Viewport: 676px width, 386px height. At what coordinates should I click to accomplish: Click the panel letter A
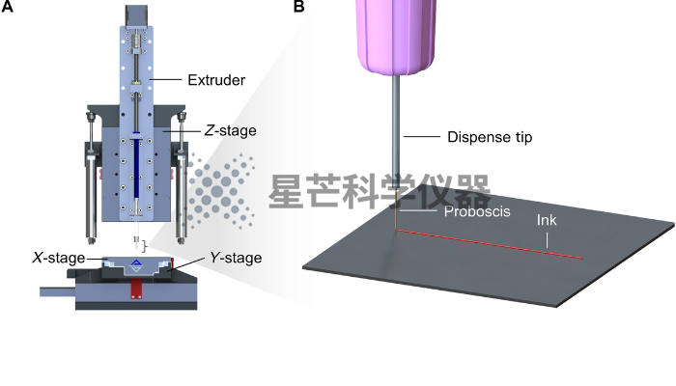pos(8,6)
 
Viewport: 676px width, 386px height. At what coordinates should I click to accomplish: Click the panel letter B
pos(298,6)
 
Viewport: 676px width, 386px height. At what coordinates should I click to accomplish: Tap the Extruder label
pos(216,80)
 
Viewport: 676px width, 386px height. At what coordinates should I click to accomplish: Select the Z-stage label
pos(230,130)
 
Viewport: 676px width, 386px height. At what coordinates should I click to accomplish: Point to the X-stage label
pos(59,258)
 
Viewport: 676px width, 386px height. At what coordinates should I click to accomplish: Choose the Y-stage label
pos(236,258)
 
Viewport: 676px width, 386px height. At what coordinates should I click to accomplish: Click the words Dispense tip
pos(490,137)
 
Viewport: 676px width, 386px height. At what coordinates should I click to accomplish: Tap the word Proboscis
pos(477,211)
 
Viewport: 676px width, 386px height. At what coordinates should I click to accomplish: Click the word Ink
pos(547,220)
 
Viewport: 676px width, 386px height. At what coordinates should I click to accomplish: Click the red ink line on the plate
pos(490,244)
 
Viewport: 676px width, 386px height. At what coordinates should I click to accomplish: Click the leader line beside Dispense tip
pos(422,137)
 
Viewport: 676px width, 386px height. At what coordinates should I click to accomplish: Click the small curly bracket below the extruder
pos(145,246)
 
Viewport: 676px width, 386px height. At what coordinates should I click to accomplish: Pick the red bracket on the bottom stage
pos(137,289)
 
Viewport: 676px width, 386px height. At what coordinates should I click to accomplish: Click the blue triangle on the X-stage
pos(136,262)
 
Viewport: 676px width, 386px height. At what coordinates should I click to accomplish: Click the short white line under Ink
pos(548,240)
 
